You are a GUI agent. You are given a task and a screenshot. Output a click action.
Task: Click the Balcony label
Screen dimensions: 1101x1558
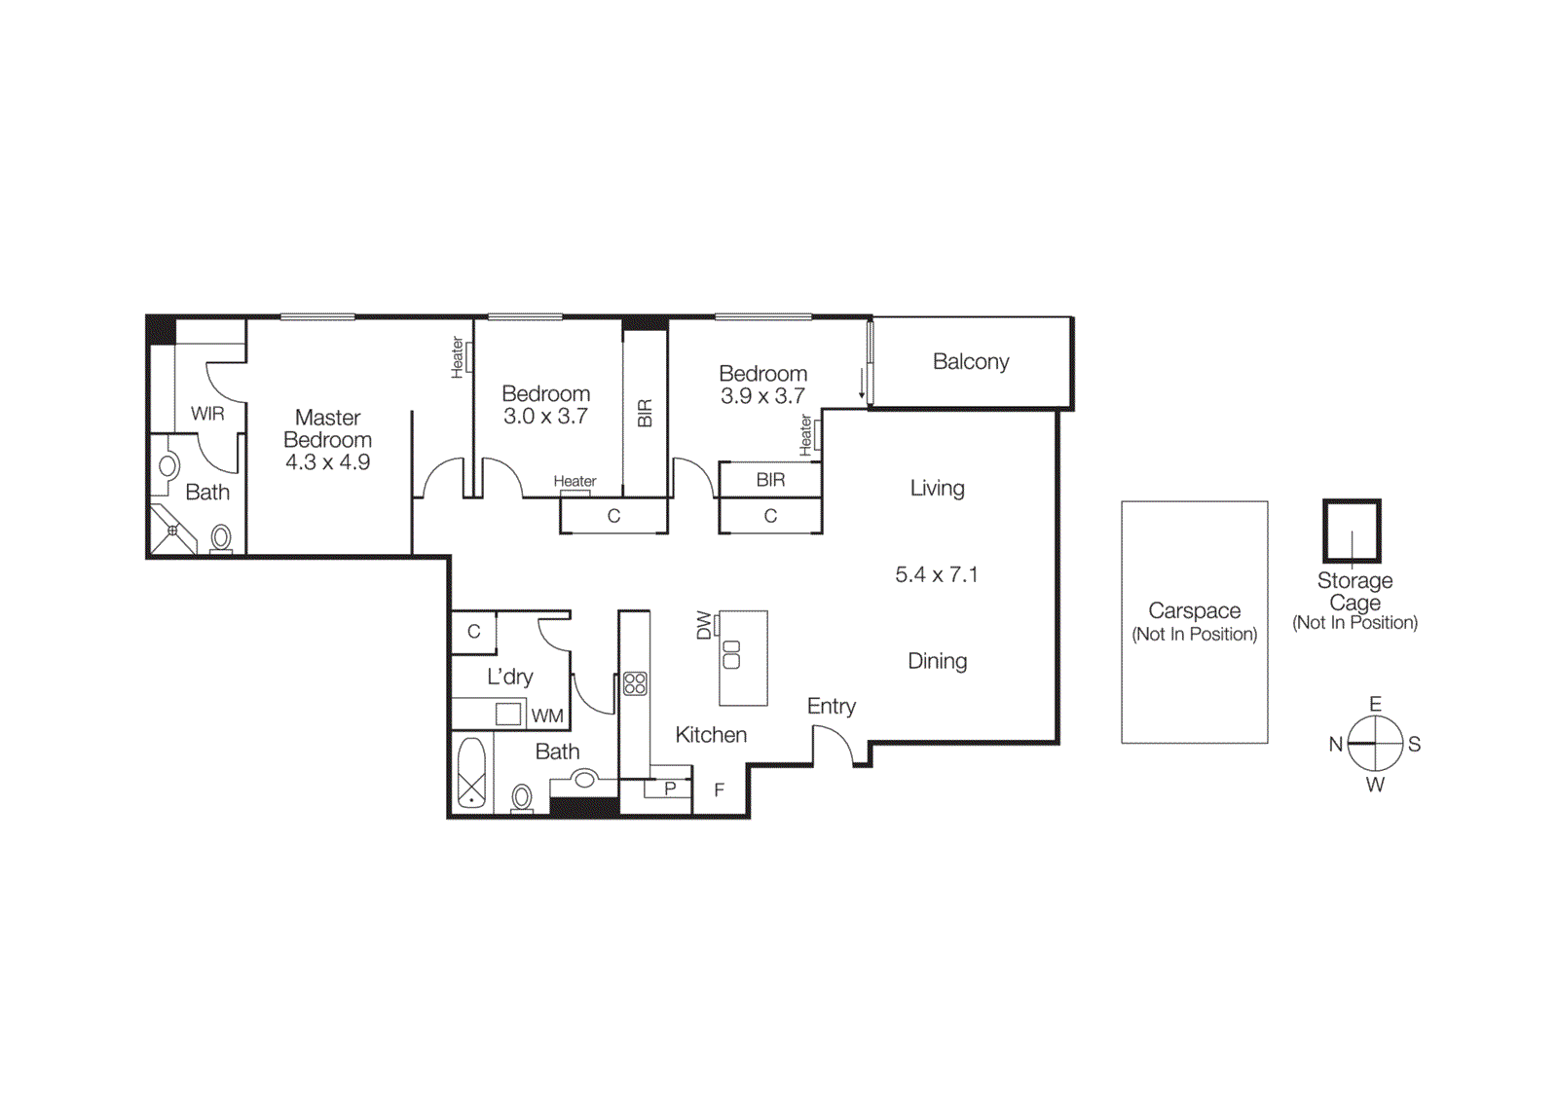coord(970,361)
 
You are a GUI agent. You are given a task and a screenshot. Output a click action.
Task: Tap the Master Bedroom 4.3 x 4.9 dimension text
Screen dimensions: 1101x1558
coord(327,462)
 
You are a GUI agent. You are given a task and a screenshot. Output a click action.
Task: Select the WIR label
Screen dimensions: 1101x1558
coord(207,414)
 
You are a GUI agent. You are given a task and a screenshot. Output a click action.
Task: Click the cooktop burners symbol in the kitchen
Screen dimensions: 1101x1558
coord(635,683)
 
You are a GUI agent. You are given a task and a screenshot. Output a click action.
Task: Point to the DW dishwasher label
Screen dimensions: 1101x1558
coord(704,625)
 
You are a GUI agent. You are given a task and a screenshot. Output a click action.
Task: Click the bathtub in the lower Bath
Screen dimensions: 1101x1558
coord(471,774)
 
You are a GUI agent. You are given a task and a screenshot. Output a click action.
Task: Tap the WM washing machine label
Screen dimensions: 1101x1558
coord(547,716)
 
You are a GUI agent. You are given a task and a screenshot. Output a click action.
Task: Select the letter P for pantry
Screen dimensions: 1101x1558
coord(670,789)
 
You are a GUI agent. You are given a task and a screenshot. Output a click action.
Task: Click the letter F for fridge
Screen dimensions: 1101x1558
coord(719,790)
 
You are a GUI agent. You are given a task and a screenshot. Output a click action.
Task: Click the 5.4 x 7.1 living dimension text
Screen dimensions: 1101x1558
coord(936,574)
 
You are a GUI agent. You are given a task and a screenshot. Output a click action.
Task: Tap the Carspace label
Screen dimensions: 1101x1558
coord(1194,610)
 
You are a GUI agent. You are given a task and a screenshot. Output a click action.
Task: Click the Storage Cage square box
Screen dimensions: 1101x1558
coord(1352,531)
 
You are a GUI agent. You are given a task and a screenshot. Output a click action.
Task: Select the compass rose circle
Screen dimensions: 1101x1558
coord(1375,744)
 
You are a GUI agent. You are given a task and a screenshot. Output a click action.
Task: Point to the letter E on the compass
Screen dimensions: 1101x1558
coord(1375,704)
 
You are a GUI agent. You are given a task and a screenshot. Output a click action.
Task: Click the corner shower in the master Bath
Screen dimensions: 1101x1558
coord(172,531)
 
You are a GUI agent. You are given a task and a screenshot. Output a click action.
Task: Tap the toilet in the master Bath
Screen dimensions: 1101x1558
coord(221,538)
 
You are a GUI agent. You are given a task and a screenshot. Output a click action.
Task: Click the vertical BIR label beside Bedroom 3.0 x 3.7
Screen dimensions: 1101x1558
coord(645,414)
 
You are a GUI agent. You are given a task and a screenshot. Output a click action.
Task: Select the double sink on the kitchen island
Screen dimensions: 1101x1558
coord(731,654)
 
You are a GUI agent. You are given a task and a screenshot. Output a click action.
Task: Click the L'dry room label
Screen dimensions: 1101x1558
coord(510,677)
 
